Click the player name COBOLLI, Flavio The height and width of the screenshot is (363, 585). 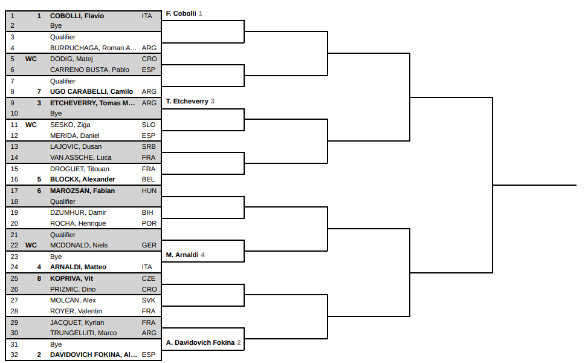77,16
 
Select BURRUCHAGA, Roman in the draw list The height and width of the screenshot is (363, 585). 93,48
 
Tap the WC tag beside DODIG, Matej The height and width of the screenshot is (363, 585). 31,59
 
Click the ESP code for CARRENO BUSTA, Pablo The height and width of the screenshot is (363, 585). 149,70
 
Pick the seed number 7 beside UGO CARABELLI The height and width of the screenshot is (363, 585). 39,91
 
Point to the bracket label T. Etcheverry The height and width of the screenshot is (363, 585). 187,101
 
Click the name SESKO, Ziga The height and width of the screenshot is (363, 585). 70,125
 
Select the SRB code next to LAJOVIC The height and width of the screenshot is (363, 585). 149,147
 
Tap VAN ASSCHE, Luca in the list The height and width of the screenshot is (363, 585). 80,157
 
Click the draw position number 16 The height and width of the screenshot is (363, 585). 14,179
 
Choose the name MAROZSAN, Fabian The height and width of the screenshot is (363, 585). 82,191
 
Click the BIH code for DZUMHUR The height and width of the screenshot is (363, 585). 147,212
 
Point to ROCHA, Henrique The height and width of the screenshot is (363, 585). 78,223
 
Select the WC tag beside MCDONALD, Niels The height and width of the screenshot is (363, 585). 31,246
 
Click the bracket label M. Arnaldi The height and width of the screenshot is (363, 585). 182,255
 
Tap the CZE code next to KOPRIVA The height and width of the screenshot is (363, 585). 149,278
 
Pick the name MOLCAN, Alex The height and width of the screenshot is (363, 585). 73,300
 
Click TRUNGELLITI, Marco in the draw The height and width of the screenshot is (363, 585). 83,333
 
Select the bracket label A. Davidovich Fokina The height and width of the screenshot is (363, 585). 201,342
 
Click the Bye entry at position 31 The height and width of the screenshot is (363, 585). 56,344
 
